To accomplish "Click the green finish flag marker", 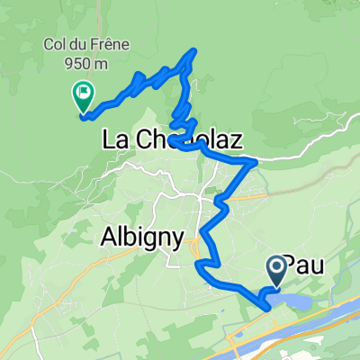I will point(82,91).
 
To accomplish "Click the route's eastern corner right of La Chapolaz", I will point(256,162).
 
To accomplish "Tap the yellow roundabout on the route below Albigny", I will point(197,264).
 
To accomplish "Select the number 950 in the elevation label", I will point(75,63).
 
